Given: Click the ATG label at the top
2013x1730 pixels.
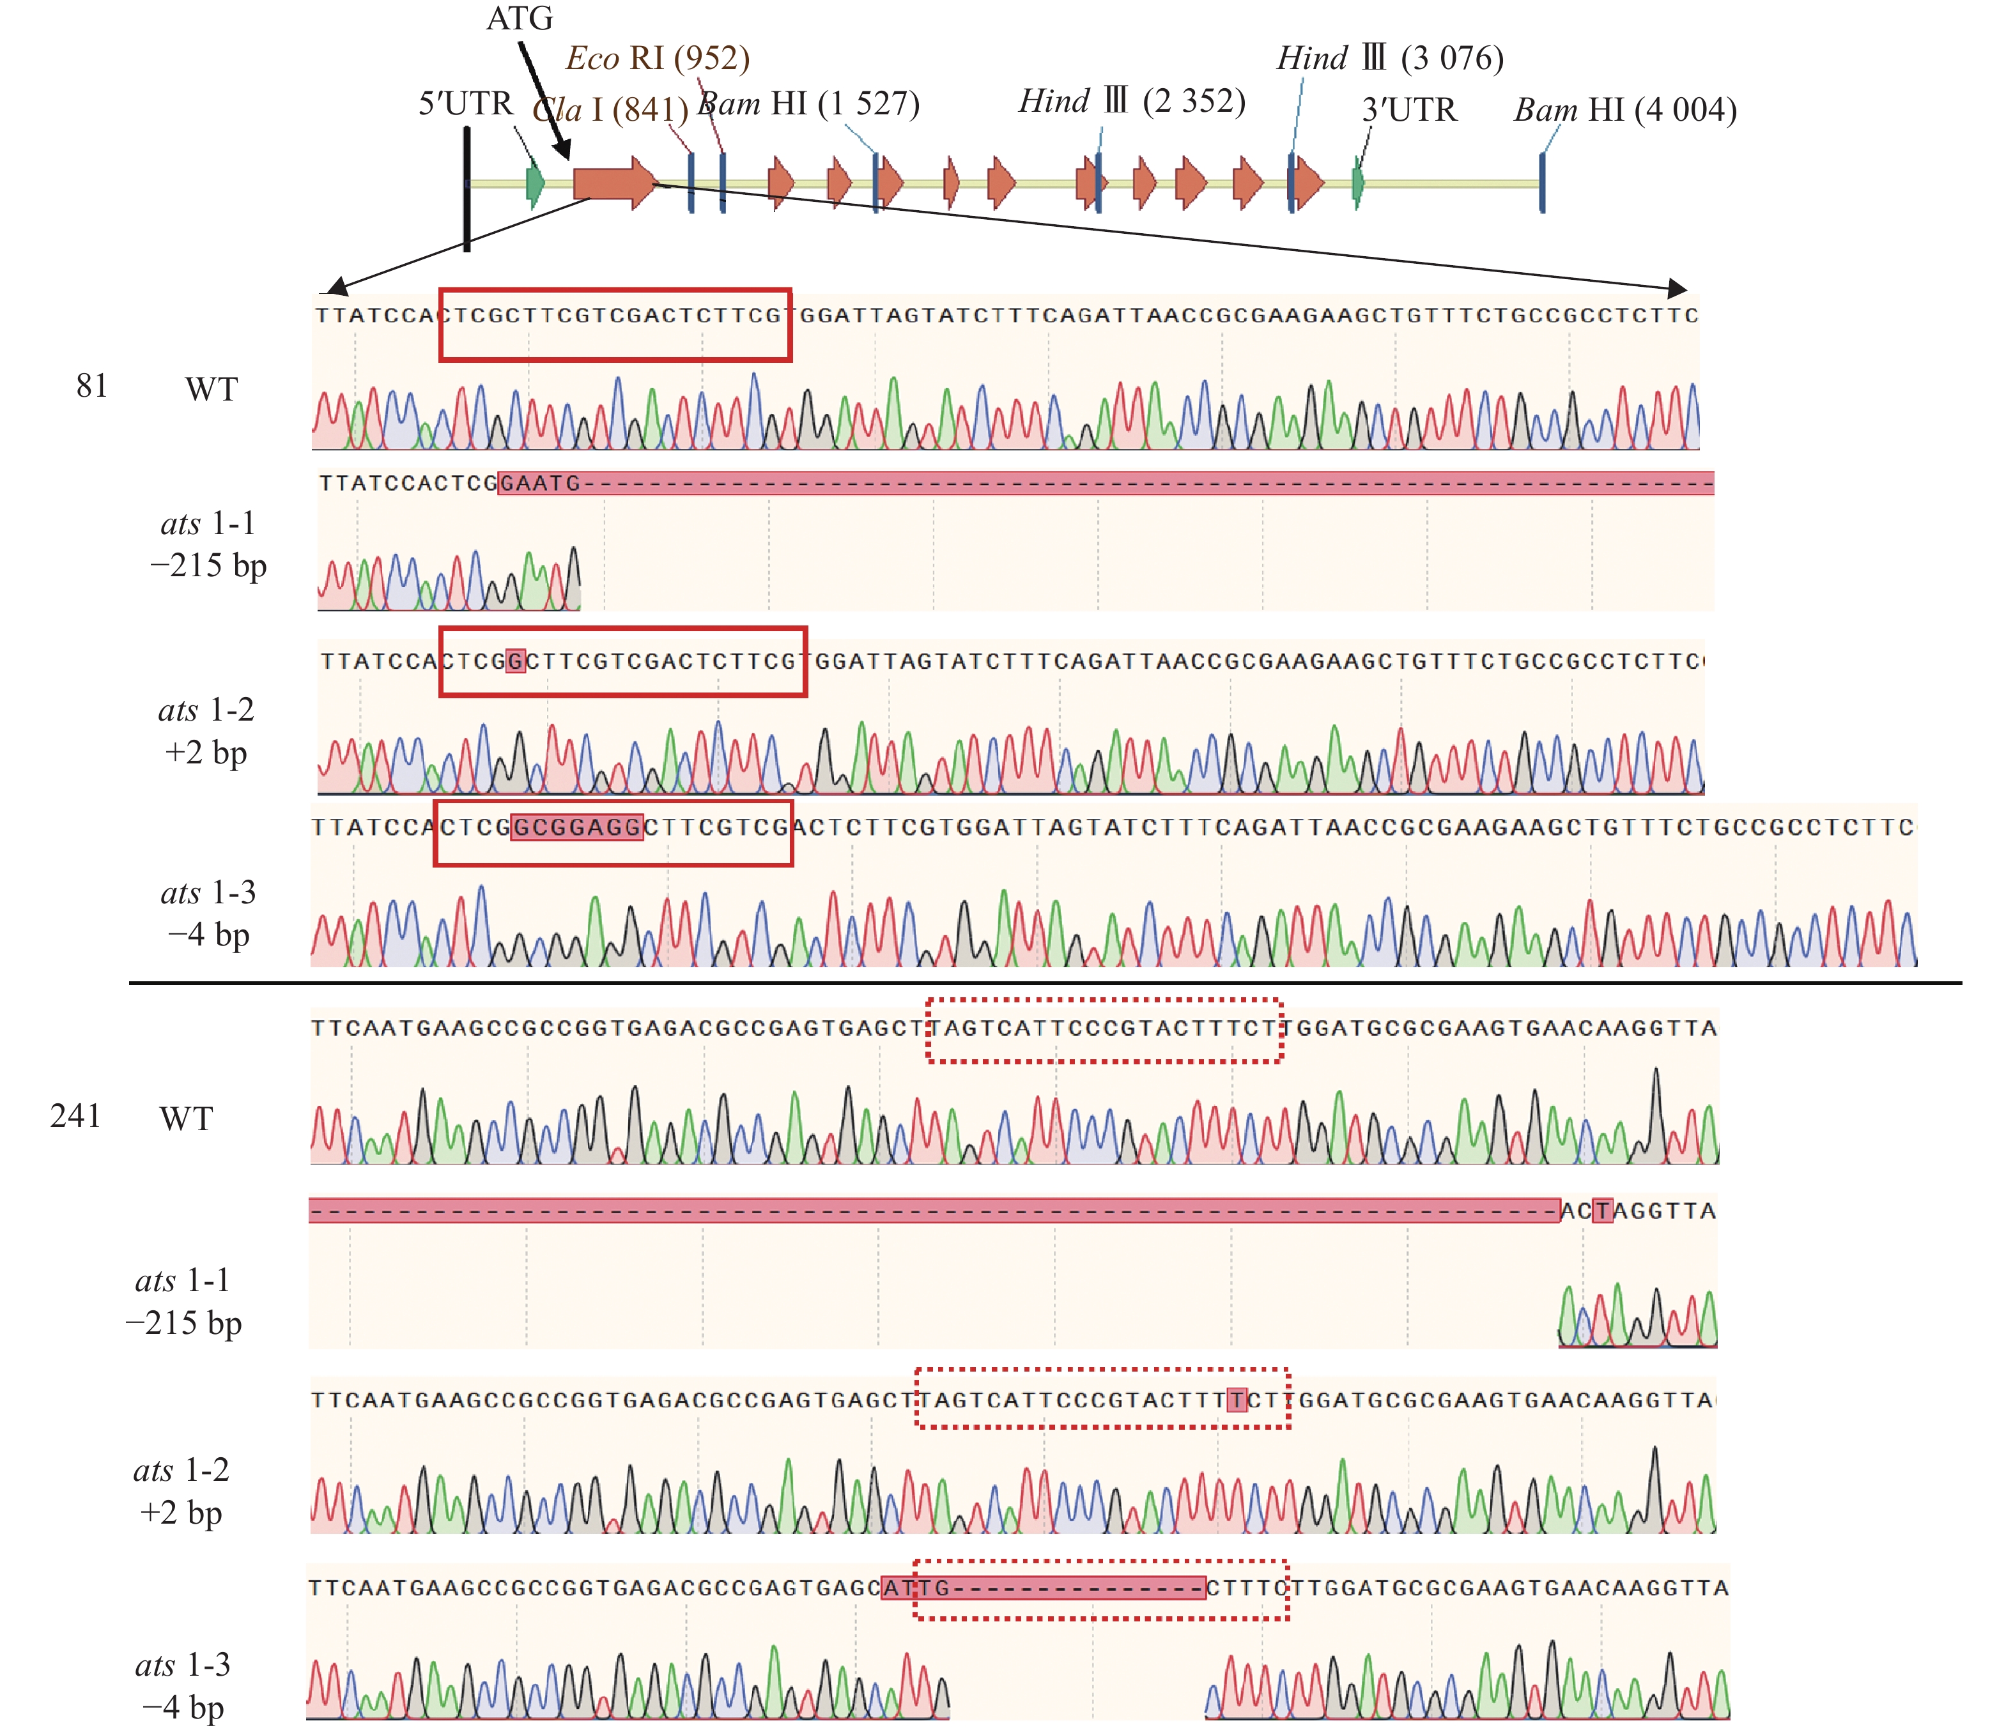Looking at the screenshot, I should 519,19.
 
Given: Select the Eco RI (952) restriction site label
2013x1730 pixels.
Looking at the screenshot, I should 658,58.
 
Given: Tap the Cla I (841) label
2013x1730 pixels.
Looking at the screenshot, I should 610,109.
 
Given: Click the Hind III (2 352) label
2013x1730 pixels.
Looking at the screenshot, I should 1132,100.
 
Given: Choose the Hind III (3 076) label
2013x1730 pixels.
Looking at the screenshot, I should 1389,58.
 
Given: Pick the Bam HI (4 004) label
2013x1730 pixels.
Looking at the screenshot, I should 1624,110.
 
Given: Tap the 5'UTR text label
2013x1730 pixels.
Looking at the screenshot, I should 465,103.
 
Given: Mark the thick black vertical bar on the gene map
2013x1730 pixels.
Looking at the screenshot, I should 467,189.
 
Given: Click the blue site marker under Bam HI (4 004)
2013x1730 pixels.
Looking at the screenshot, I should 1542,183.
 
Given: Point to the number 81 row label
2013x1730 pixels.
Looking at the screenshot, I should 91,386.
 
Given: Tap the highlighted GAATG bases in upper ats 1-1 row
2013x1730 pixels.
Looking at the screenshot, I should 539,483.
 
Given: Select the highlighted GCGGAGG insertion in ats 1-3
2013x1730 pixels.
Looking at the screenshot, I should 576,827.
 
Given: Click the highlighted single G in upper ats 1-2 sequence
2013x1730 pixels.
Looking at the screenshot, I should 516,661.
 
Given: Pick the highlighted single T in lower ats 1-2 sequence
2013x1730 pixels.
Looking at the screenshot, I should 1236,1400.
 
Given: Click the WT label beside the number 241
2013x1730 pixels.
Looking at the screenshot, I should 185,1118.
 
